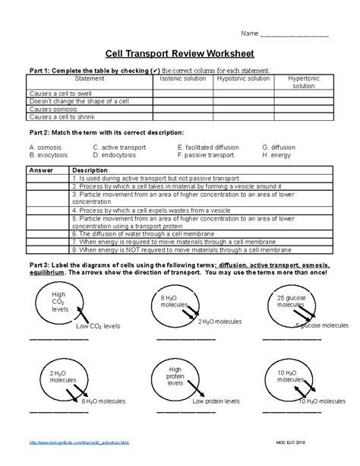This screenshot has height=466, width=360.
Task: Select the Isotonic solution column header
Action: (x=183, y=78)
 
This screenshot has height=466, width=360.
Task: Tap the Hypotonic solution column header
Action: (x=243, y=78)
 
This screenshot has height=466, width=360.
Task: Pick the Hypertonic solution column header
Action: (x=303, y=82)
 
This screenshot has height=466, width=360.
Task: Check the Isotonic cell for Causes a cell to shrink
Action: (x=183, y=116)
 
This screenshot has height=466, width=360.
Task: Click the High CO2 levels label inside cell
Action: (x=60, y=302)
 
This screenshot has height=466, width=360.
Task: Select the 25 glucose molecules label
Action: (x=290, y=300)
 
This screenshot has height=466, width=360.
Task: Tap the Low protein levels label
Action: (x=216, y=401)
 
